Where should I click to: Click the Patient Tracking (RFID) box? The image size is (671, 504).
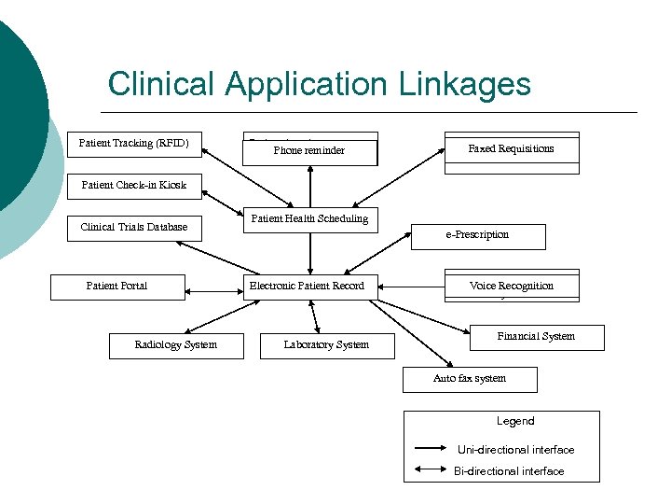pyautogui.click(x=134, y=144)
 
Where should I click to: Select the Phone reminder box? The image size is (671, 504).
pyautogui.click(x=309, y=149)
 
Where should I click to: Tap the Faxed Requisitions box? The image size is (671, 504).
pyautogui.click(x=511, y=148)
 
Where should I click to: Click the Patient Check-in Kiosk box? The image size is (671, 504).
pyautogui.click(x=134, y=185)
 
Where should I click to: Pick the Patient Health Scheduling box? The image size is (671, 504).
pyautogui.click(x=309, y=219)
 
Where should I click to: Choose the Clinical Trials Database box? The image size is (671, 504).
pyautogui.click(x=134, y=227)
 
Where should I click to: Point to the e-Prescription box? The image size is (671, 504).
pyautogui.click(x=477, y=235)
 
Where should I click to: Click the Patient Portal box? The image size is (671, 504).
pyautogui.click(x=117, y=286)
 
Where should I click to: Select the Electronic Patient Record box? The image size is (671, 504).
pyautogui.click(x=308, y=286)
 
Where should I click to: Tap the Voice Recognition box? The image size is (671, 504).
pyautogui.click(x=511, y=286)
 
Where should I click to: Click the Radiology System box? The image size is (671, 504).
pyautogui.click(x=176, y=345)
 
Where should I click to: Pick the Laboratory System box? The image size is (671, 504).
pyautogui.click(x=326, y=345)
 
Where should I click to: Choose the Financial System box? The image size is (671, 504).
pyautogui.click(x=536, y=337)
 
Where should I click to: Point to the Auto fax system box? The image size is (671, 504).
pyautogui.click(x=470, y=379)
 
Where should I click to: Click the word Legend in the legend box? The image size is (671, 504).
pyautogui.click(x=515, y=422)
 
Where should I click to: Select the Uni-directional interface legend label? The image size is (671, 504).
pyautogui.click(x=515, y=450)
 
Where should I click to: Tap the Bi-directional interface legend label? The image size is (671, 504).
pyautogui.click(x=509, y=471)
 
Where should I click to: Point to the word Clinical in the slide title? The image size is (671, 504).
pyautogui.click(x=162, y=84)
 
